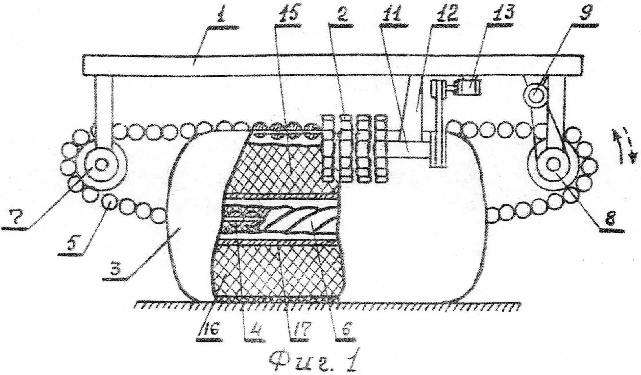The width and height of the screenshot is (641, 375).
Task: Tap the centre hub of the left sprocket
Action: tap(101, 165)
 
